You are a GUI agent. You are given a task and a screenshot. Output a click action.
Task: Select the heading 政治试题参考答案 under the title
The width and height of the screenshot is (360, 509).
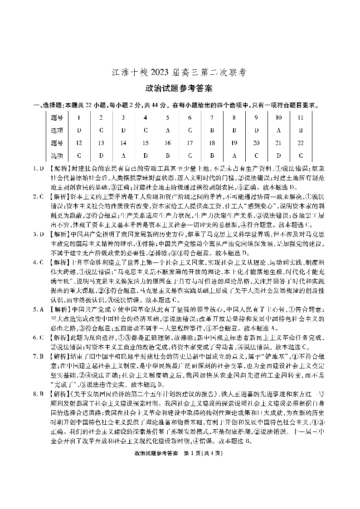[x=180, y=88]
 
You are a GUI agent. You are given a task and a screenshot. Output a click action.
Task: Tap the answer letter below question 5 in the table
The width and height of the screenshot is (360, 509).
[x=167, y=130]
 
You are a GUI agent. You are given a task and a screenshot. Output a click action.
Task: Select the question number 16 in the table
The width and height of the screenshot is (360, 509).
[x=167, y=143]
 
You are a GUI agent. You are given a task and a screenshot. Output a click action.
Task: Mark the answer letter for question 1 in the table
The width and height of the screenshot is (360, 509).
[x=79, y=130]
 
